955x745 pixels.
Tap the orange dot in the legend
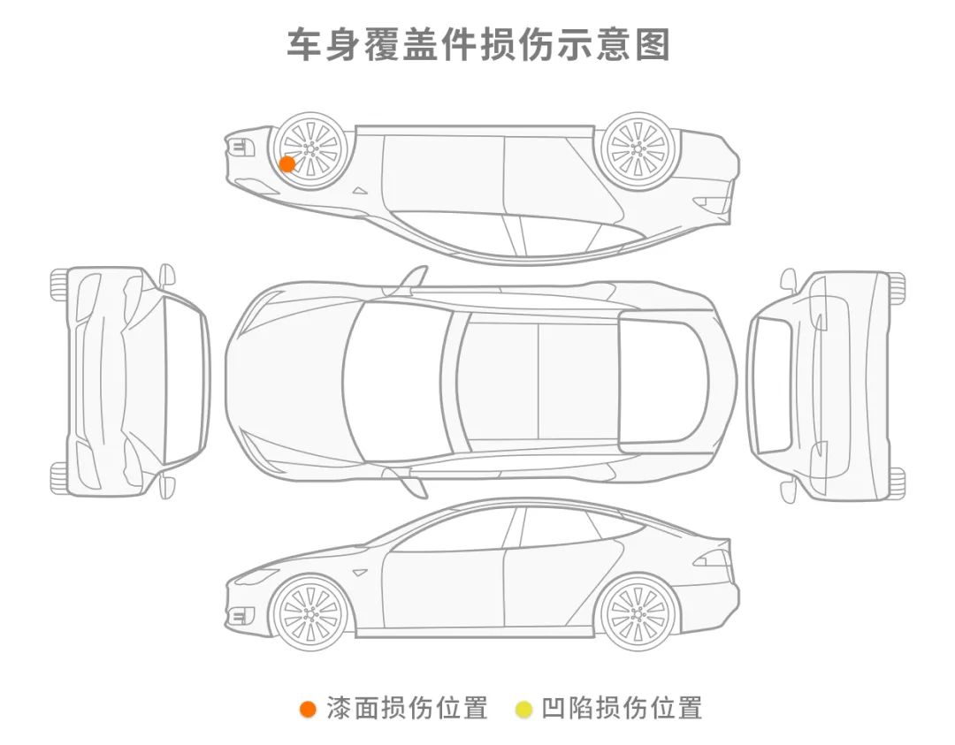point(308,709)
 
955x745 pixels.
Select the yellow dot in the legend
point(523,709)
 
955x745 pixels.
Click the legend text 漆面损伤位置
point(407,708)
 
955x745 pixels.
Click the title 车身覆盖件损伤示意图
point(478,44)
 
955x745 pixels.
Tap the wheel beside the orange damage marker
point(309,149)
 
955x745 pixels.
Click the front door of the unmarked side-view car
point(442,588)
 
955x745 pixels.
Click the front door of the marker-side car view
point(442,177)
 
